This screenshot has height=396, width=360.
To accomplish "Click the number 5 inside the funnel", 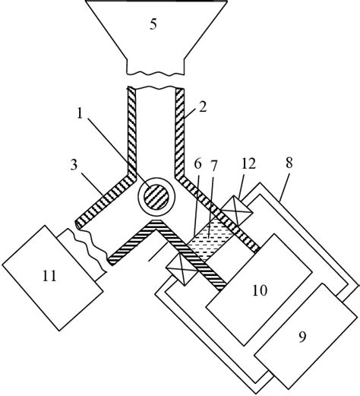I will point(154,24).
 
